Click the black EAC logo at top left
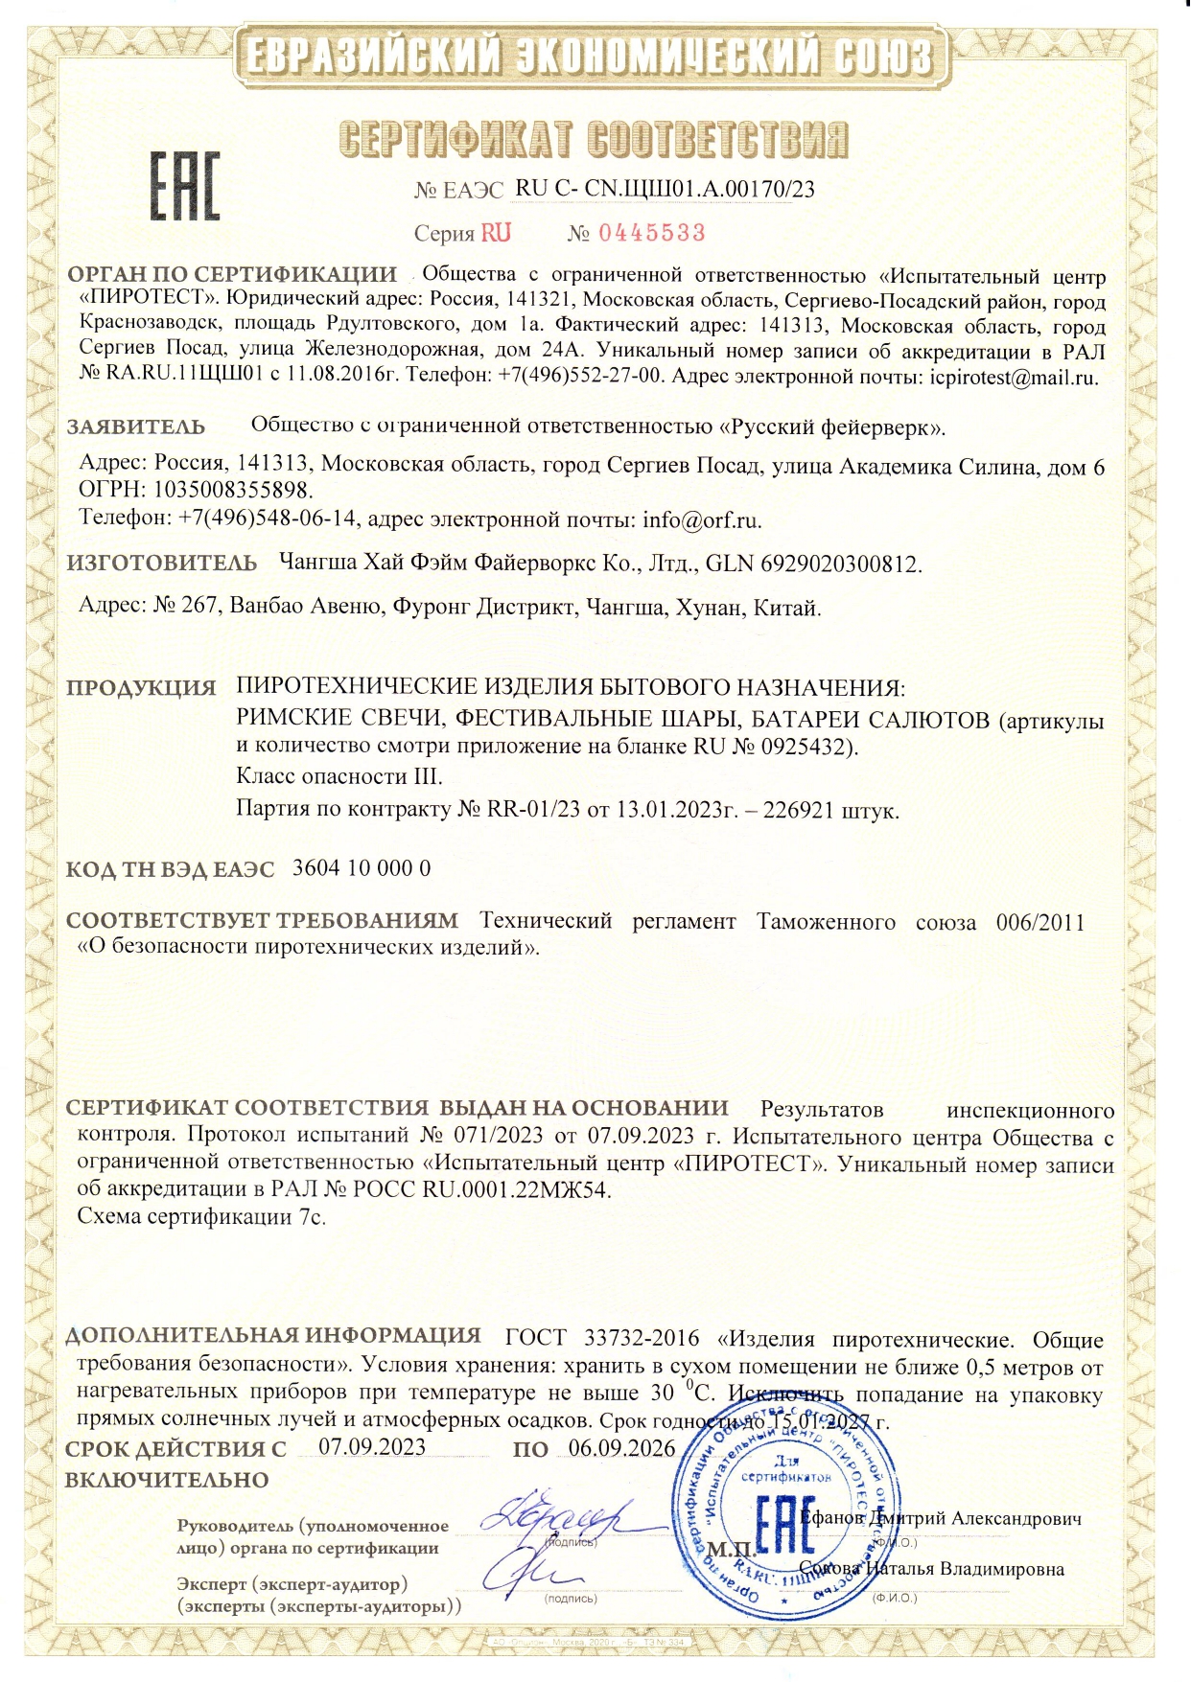click(183, 184)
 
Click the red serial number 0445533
click(651, 233)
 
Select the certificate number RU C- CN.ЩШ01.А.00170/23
click(665, 189)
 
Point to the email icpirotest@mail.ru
click(1014, 377)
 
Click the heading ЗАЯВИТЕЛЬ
click(135, 426)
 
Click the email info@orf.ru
click(702, 520)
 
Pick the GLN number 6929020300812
click(840, 564)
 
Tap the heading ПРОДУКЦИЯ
click(141, 688)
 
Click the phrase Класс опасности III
click(339, 775)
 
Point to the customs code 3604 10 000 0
click(361, 868)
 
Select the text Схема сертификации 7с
click(201, 1217)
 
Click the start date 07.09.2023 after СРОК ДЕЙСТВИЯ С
click(372, 1446)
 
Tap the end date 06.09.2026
click(621, 1447)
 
